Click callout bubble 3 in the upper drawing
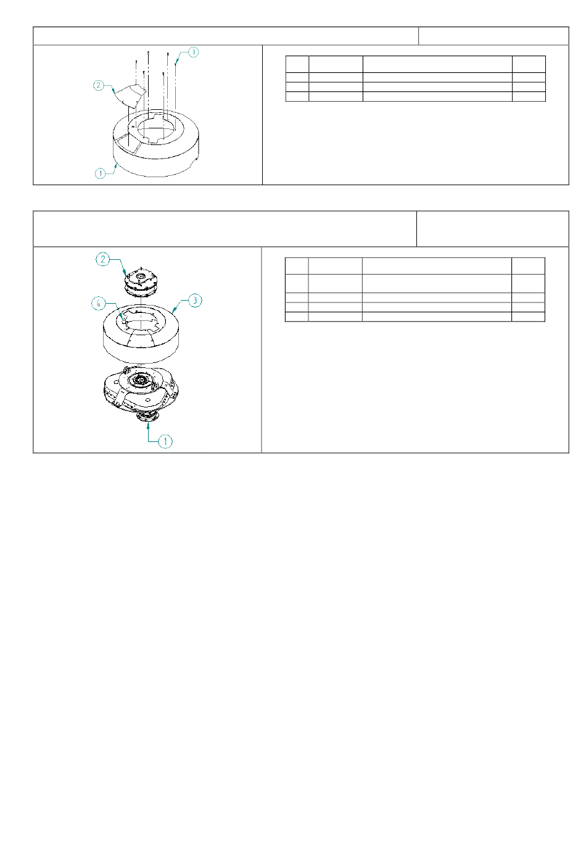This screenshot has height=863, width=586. pyautogui.click(x=193, y=52)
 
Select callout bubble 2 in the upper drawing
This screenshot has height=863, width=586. pyautogui.click(x=99, y=85)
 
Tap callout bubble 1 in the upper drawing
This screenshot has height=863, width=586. pyautogui.click(x=100, y=173)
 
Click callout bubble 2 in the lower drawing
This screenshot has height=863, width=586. pyautogui.click(x=103, y=259)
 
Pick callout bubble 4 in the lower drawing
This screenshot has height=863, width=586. pyautogui.click(x=98, y=304)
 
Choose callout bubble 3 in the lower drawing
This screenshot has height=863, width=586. pyautogui.click(x=195, y=301)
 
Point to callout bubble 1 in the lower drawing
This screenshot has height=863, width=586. pyautogui.click(x=165, y=441)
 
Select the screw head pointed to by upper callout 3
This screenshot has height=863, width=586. pyautogui.click(x=176, y=64)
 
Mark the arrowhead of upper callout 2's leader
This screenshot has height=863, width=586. pyautogui.click(x=113, y=91)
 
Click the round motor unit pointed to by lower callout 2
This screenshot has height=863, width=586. pyautogui.click(x=141, y=281)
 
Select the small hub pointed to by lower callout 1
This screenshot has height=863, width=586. pyautogui.click(x=147, y=417)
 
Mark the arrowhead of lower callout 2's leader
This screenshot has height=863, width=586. pyautogui.click(x=125, y=272)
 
